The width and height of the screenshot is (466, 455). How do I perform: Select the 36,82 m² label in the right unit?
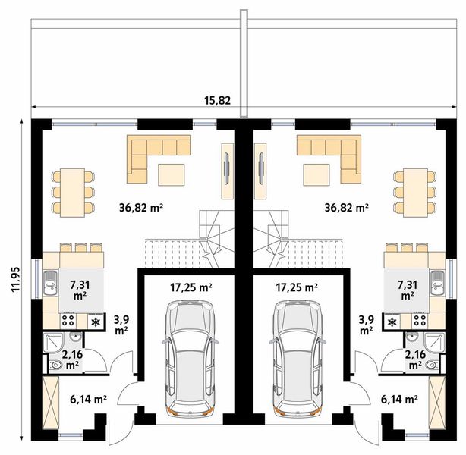click(346, 206)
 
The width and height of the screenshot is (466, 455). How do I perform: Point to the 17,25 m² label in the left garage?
click(188, 287)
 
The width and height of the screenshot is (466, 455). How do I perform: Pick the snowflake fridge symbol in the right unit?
click(392, 322)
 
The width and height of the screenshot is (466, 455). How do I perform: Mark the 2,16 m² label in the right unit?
click(414, 359)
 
